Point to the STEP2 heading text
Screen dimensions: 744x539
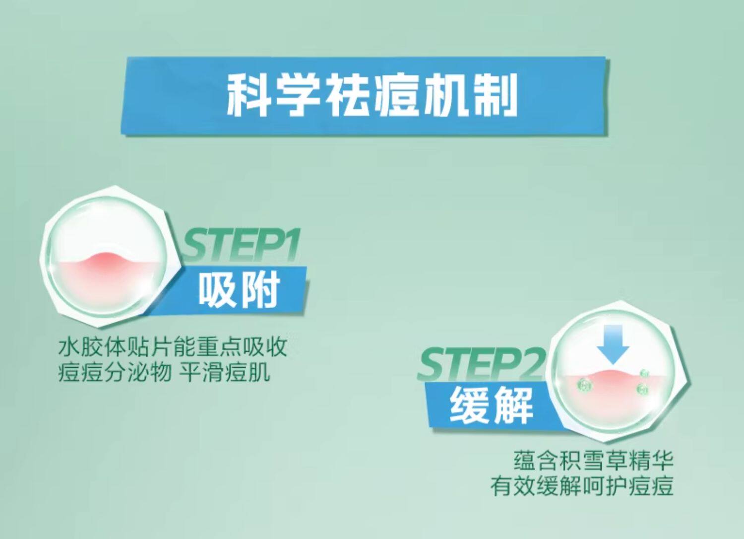point(480,364)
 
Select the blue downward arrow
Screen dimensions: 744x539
point(613,343)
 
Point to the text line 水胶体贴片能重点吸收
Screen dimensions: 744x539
point(173,347)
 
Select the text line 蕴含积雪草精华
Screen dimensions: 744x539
point(594,461)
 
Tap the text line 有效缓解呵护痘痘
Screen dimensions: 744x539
point(582,486)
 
